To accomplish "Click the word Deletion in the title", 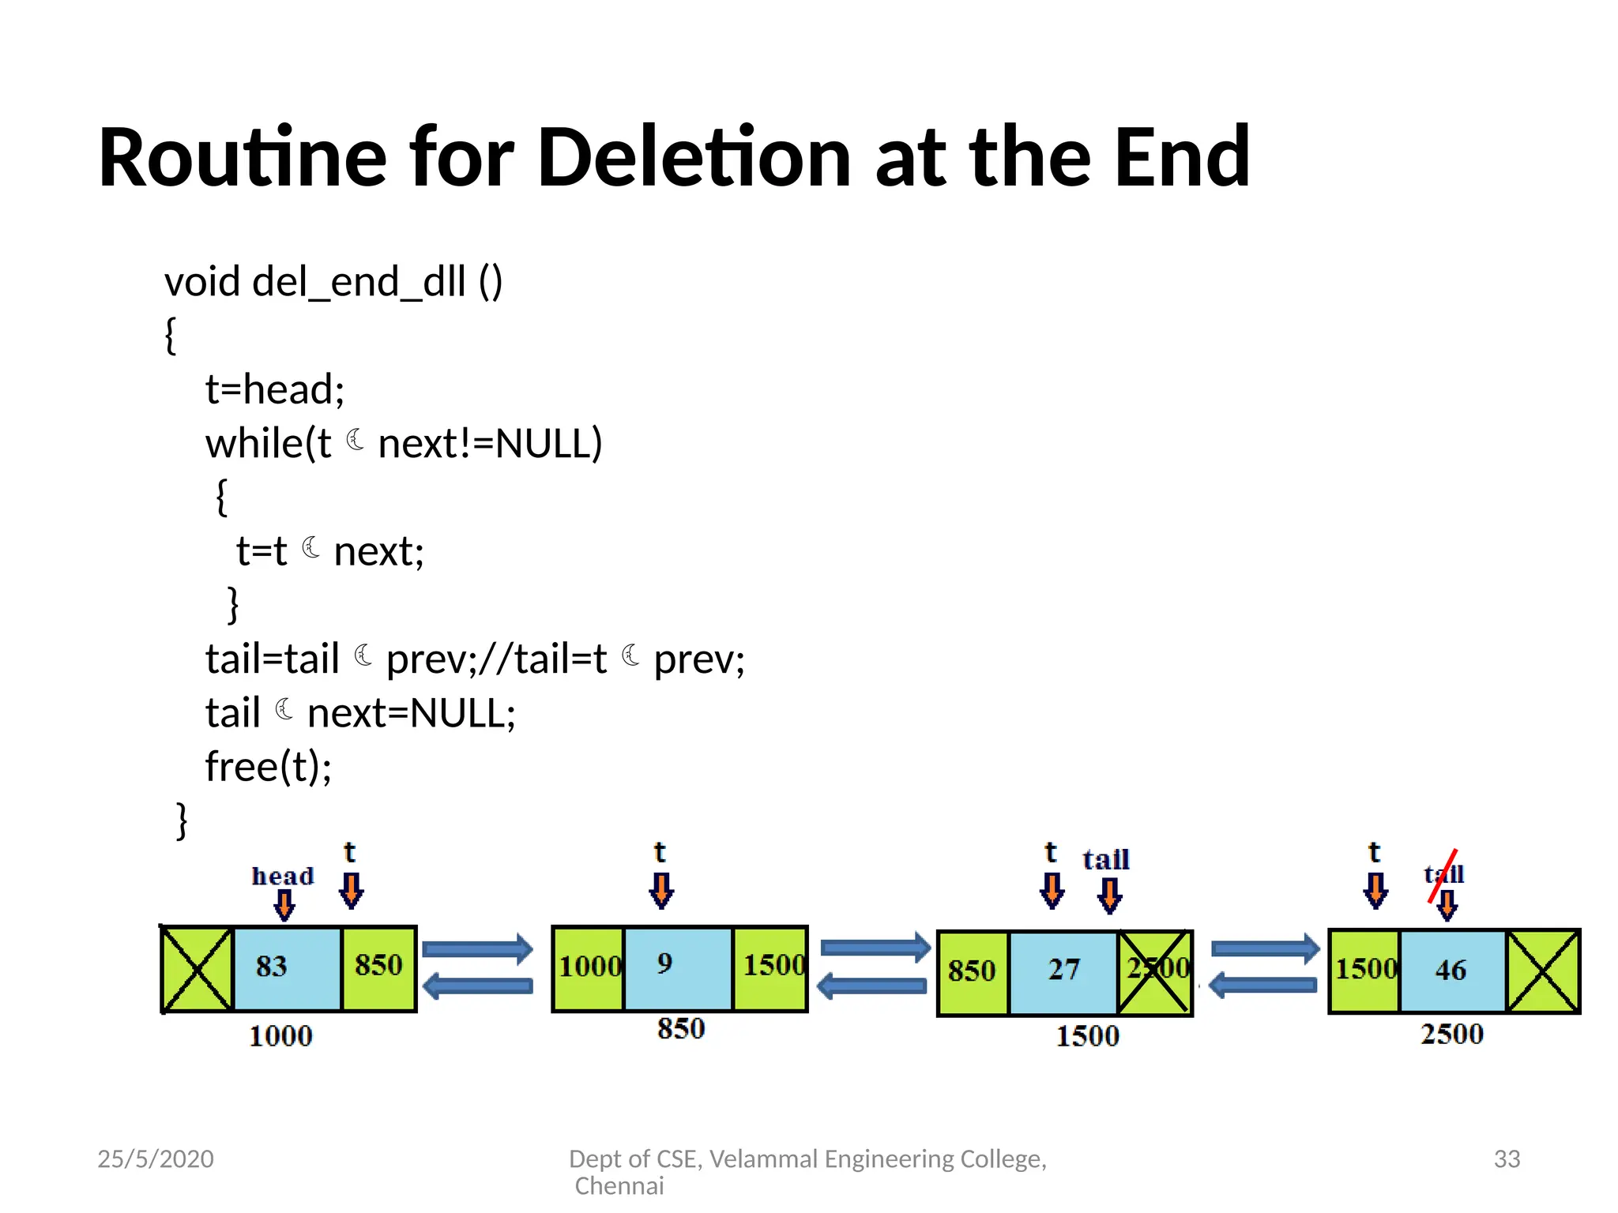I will pos(700,157).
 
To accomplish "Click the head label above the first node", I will pos(282,876).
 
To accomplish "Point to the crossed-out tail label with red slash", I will pos(1443,874).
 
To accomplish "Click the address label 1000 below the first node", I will pos(280,1036).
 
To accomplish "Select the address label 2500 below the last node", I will pos(1452,1035).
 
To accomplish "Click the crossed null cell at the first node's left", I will pos(197,968).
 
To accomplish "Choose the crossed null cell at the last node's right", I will pos(1542,971).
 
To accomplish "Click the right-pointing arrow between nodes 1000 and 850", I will pos(478,948).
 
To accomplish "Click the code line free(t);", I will pos(269,767).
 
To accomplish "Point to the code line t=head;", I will pos(275,389).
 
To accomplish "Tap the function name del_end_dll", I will pos(359,282).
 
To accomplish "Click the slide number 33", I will pos(1507,1159).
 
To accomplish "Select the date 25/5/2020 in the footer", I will pos(156,1159).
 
